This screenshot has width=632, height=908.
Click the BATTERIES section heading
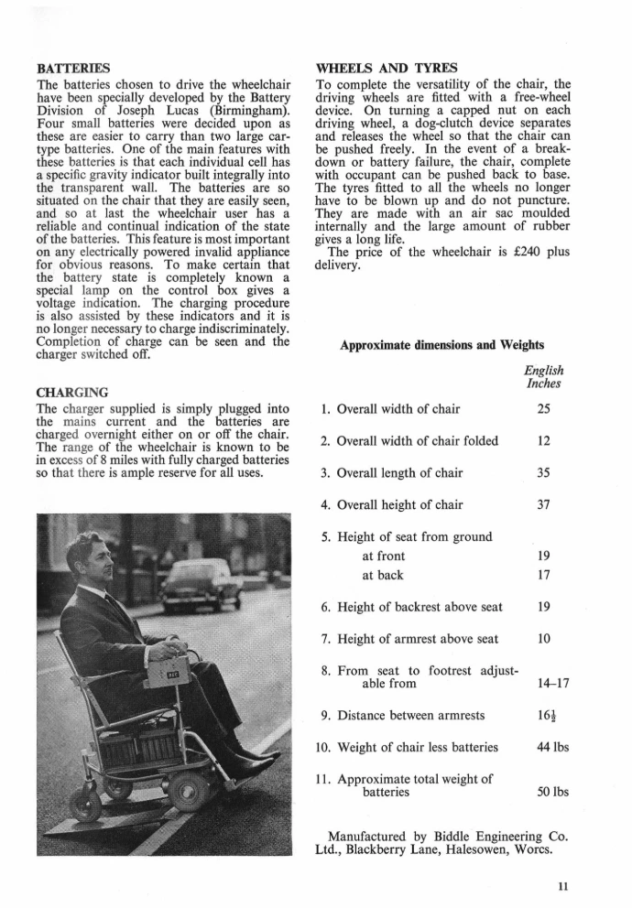click(72, 68)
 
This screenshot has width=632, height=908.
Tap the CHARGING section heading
click(71, 392)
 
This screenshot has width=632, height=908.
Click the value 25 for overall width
click(543, 408)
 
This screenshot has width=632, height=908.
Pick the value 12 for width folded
click(543, 441)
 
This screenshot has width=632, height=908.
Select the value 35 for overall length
click(543, 473)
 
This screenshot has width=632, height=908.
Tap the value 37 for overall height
click(543, 504)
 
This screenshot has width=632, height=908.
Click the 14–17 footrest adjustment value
click(548, 683)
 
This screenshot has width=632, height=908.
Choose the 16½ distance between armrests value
click(544, 715)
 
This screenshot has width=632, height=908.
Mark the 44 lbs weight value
click(548, 747)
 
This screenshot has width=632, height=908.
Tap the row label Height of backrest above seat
click(417, 606)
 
